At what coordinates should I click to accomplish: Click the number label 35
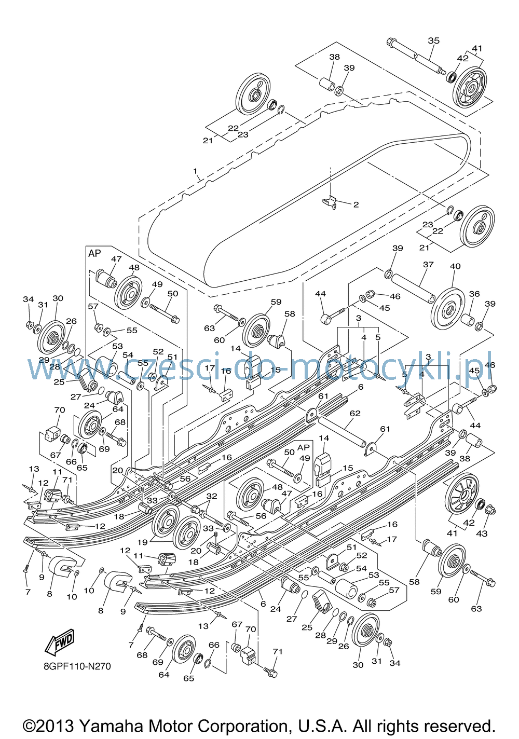coord(433,40)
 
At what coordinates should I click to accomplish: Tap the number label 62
coord(355,413)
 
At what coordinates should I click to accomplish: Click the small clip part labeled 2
coord(330,202)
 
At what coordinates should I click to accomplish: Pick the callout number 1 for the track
coord(195,171)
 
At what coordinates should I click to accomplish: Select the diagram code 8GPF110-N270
coord(77,666)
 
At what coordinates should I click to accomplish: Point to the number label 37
coord(428,264)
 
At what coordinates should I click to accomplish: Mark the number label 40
coord(455,266)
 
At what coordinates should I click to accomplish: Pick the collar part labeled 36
coord(468,320)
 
